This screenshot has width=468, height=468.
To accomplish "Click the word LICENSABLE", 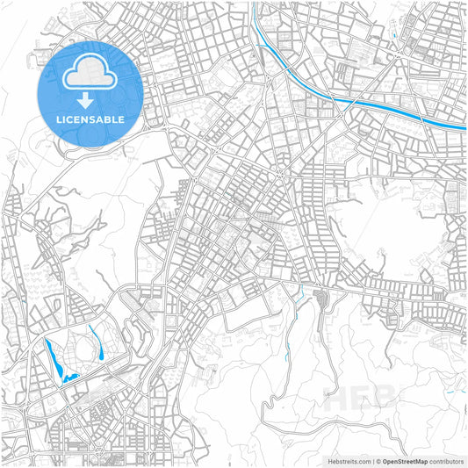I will click(x=90, y=119).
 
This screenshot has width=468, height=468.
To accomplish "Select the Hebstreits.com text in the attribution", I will click(x=350, y=460).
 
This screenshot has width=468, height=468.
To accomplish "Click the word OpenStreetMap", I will click(x=405, y=460).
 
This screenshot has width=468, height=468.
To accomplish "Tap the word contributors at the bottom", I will click(x=446, y=460).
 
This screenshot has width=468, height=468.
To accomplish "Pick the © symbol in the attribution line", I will click(x=377, y=460).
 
